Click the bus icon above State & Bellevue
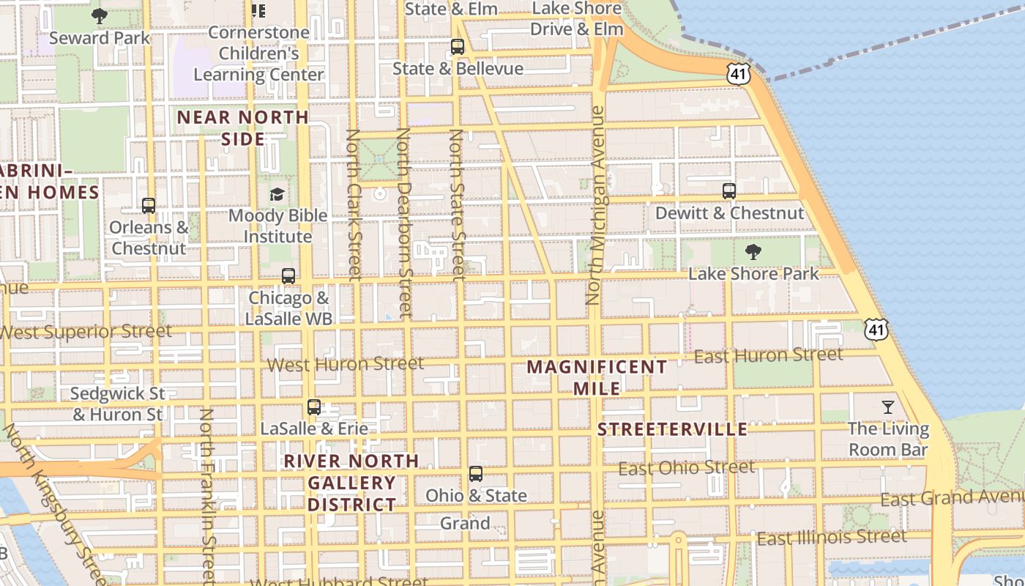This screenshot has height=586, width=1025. [458, 47]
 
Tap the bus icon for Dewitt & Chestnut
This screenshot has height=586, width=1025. [729, 191]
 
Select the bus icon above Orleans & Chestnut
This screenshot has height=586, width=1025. [149, 206]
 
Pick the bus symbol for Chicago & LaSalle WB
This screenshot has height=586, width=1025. [288, 276]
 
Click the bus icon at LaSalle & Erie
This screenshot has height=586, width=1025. [314, 407]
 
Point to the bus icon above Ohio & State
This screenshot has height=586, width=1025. [476, 474]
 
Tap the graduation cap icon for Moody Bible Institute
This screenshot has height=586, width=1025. [277, 194]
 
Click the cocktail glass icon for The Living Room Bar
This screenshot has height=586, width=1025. [888, 407]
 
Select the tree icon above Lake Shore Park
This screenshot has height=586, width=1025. [753, 253]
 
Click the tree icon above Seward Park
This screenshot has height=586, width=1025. [100, 16]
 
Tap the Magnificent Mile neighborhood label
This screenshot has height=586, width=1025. [597, 377]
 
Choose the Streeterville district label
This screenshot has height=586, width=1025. [672, 429]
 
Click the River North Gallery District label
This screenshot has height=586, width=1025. [351, 483]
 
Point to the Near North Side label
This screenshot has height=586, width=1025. [243, 127]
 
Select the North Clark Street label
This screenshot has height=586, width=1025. [354, 205]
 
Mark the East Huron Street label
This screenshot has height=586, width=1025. [768, 355]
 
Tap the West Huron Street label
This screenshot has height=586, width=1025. [346, 363]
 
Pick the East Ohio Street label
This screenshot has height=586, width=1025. [686, 467]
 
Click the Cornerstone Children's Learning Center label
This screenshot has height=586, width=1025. [258, 53]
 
